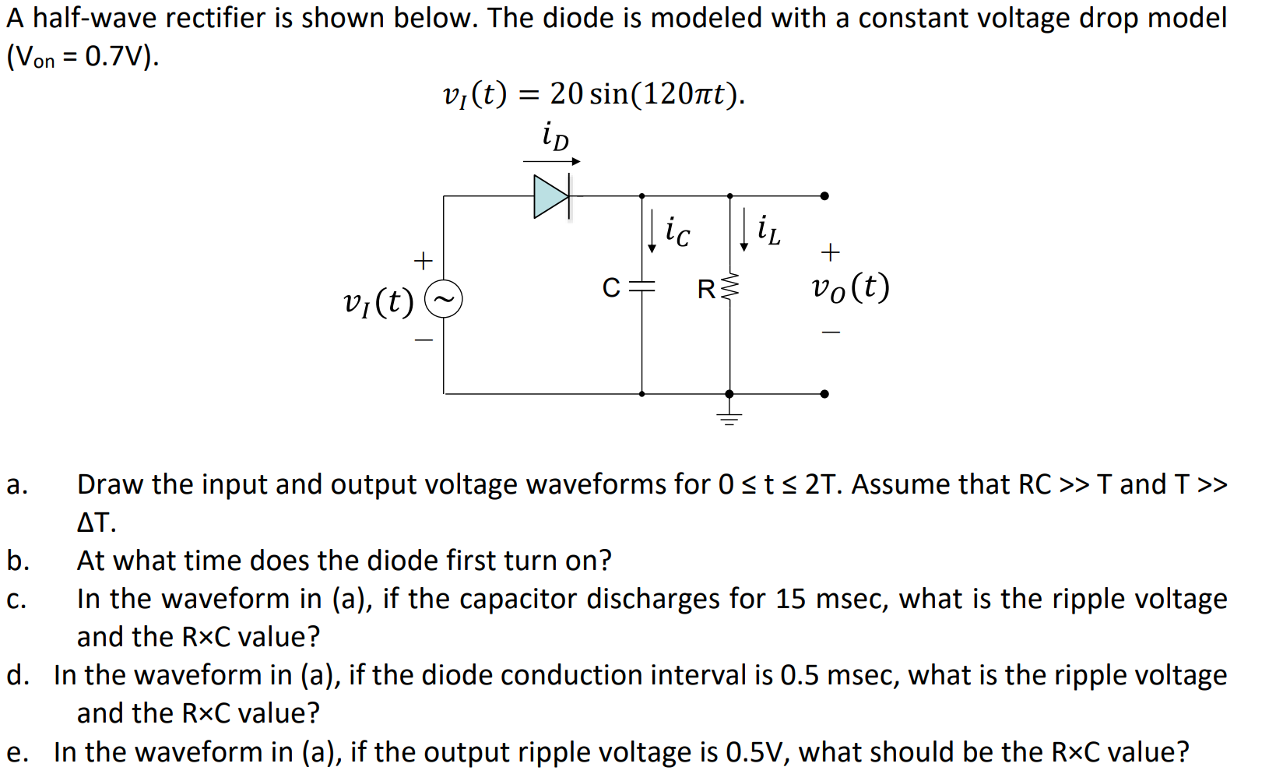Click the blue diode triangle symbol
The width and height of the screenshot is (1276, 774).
[550, 196]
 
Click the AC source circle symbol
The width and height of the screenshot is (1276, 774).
[444, 299]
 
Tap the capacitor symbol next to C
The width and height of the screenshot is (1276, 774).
[642, 287]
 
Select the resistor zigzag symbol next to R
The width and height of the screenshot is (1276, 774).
[729, 288]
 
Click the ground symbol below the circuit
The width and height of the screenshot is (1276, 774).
[729, 417]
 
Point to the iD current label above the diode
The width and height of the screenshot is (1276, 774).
[555, 136]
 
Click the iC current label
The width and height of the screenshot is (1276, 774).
[677, 230]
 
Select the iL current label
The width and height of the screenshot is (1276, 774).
[768, 230]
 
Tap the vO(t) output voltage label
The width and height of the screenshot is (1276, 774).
[850, 287]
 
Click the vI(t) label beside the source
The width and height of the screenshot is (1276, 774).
[378, 301]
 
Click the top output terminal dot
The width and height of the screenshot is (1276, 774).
[824, 196]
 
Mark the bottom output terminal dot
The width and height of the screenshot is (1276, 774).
[824, 394]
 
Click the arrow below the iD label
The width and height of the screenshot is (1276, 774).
[551, 162]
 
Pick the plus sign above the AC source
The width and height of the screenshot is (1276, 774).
[423, 260]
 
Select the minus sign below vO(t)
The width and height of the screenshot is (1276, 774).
[831, 332]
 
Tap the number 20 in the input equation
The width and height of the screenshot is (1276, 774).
[566, 94]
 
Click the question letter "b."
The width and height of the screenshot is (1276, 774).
[18, 561]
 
